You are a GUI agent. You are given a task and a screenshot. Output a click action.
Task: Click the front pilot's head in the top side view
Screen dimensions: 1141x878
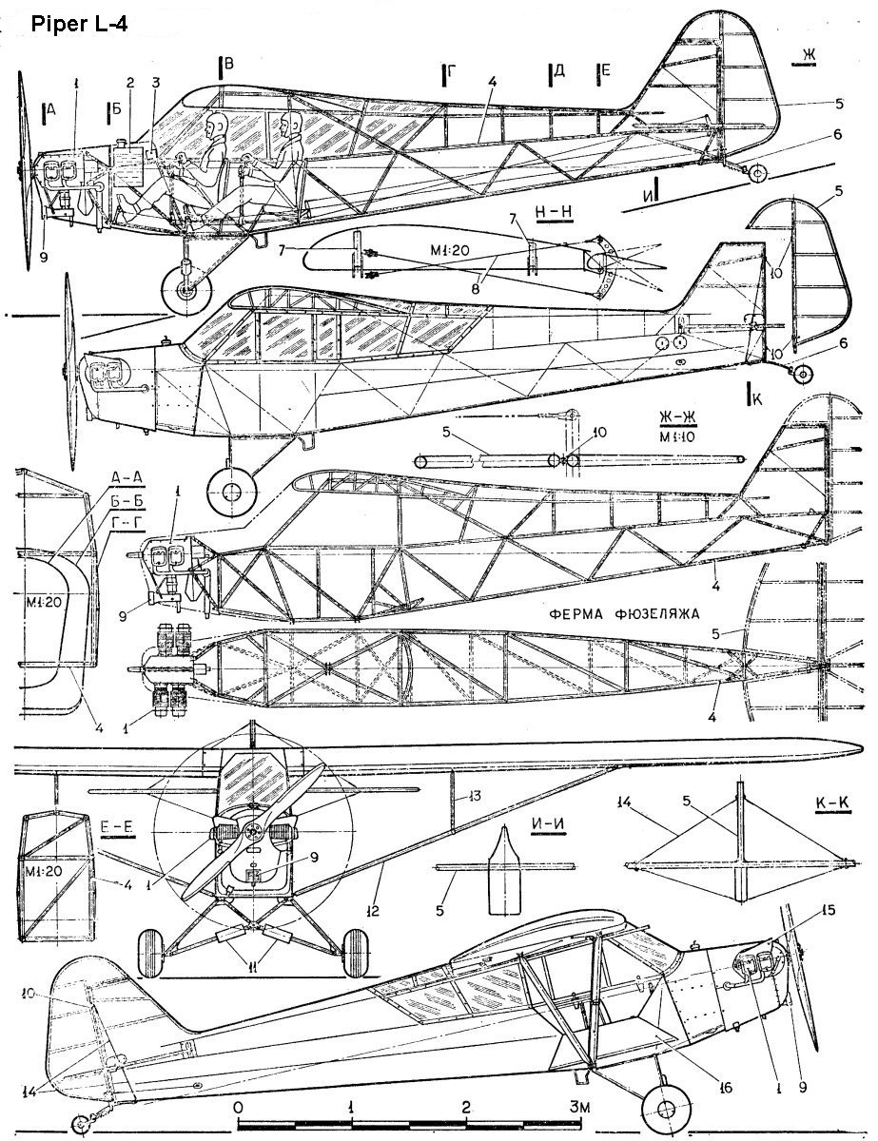[217, 125]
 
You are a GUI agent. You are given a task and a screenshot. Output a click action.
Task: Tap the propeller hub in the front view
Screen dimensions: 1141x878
[252, 832]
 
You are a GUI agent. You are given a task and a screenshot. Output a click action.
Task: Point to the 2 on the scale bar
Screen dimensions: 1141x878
[466, 1109]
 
